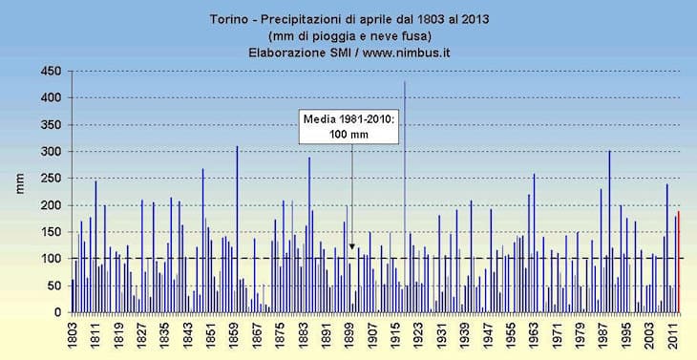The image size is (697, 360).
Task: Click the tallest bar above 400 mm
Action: pyautogui.click(x=404, y=191)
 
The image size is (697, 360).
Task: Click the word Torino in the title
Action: pyautogui.click(x=228, y=19)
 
